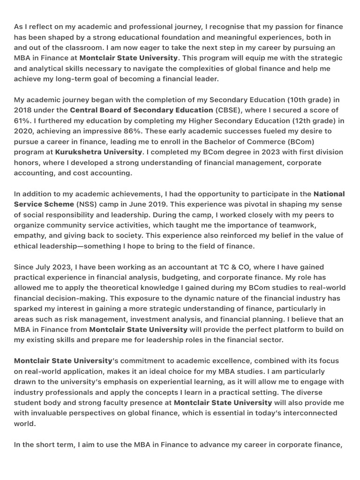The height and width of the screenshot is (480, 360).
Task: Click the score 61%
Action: pyautogui.click(x=23, y=120)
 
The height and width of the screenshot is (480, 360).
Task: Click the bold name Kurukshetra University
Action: pyautogui.click(x=98, y=152)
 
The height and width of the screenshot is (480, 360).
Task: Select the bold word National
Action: pyautogui.click(x=329, y=194)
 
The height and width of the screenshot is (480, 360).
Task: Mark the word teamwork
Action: pyautogui.click(x=319, y=225)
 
